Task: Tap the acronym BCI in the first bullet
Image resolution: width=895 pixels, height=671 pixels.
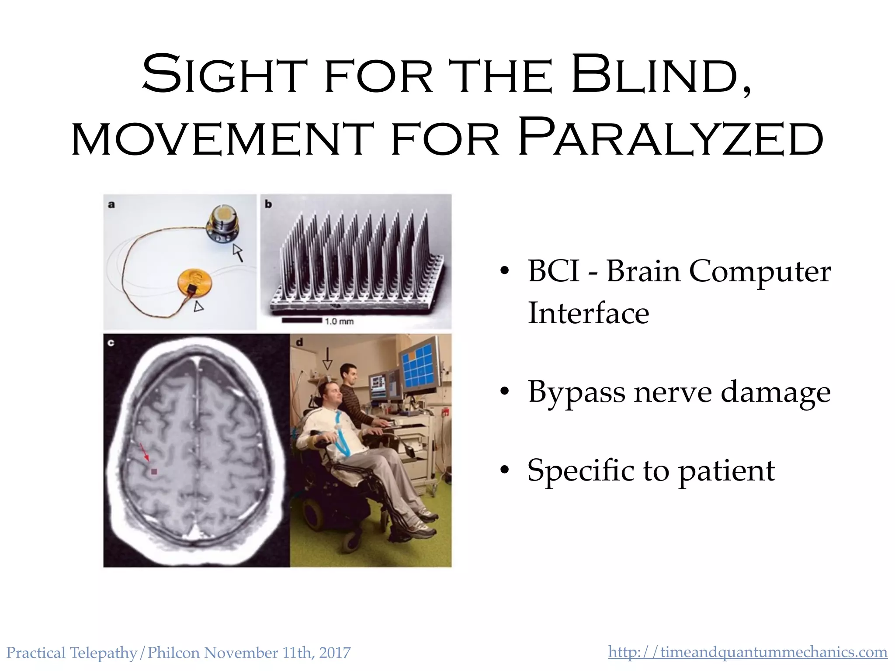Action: (x=553, y=271)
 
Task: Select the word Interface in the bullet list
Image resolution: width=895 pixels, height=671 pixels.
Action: (x=588, y=313)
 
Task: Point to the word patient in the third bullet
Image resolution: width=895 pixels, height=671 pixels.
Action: (x=726, y=470)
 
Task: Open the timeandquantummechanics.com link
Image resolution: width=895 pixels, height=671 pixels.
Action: (x=747, y=652)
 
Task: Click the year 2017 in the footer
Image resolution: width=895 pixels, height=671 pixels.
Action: (x=335, y=653)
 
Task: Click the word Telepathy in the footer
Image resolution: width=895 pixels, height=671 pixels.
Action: (x=103, y=653)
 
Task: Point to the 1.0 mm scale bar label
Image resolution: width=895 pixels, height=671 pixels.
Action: (x=339, y=322)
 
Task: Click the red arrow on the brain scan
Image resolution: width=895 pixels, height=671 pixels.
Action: (x=144, y=452)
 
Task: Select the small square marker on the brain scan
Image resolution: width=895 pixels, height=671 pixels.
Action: (x=154, y=471)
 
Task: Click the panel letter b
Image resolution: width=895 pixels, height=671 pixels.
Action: (x=268, y=204)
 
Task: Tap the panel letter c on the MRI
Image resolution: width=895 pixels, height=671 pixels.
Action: (x=111, y=342)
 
